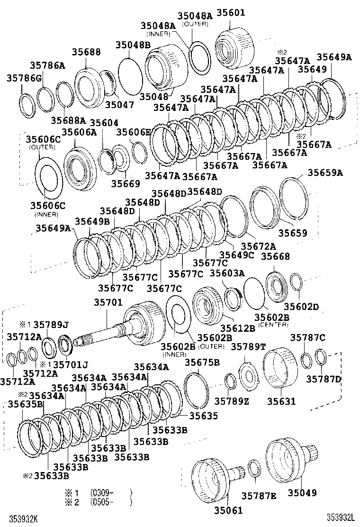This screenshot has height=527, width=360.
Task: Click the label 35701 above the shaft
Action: click(108, 302)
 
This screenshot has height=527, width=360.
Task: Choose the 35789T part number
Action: click(248, 347)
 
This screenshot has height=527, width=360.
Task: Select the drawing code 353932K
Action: click(20, 518)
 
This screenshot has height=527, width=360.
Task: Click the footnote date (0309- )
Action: click(110, 492)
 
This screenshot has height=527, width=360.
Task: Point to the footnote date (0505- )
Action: click(110, 502)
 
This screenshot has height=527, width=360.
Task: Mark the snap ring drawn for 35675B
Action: click(195, 390)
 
